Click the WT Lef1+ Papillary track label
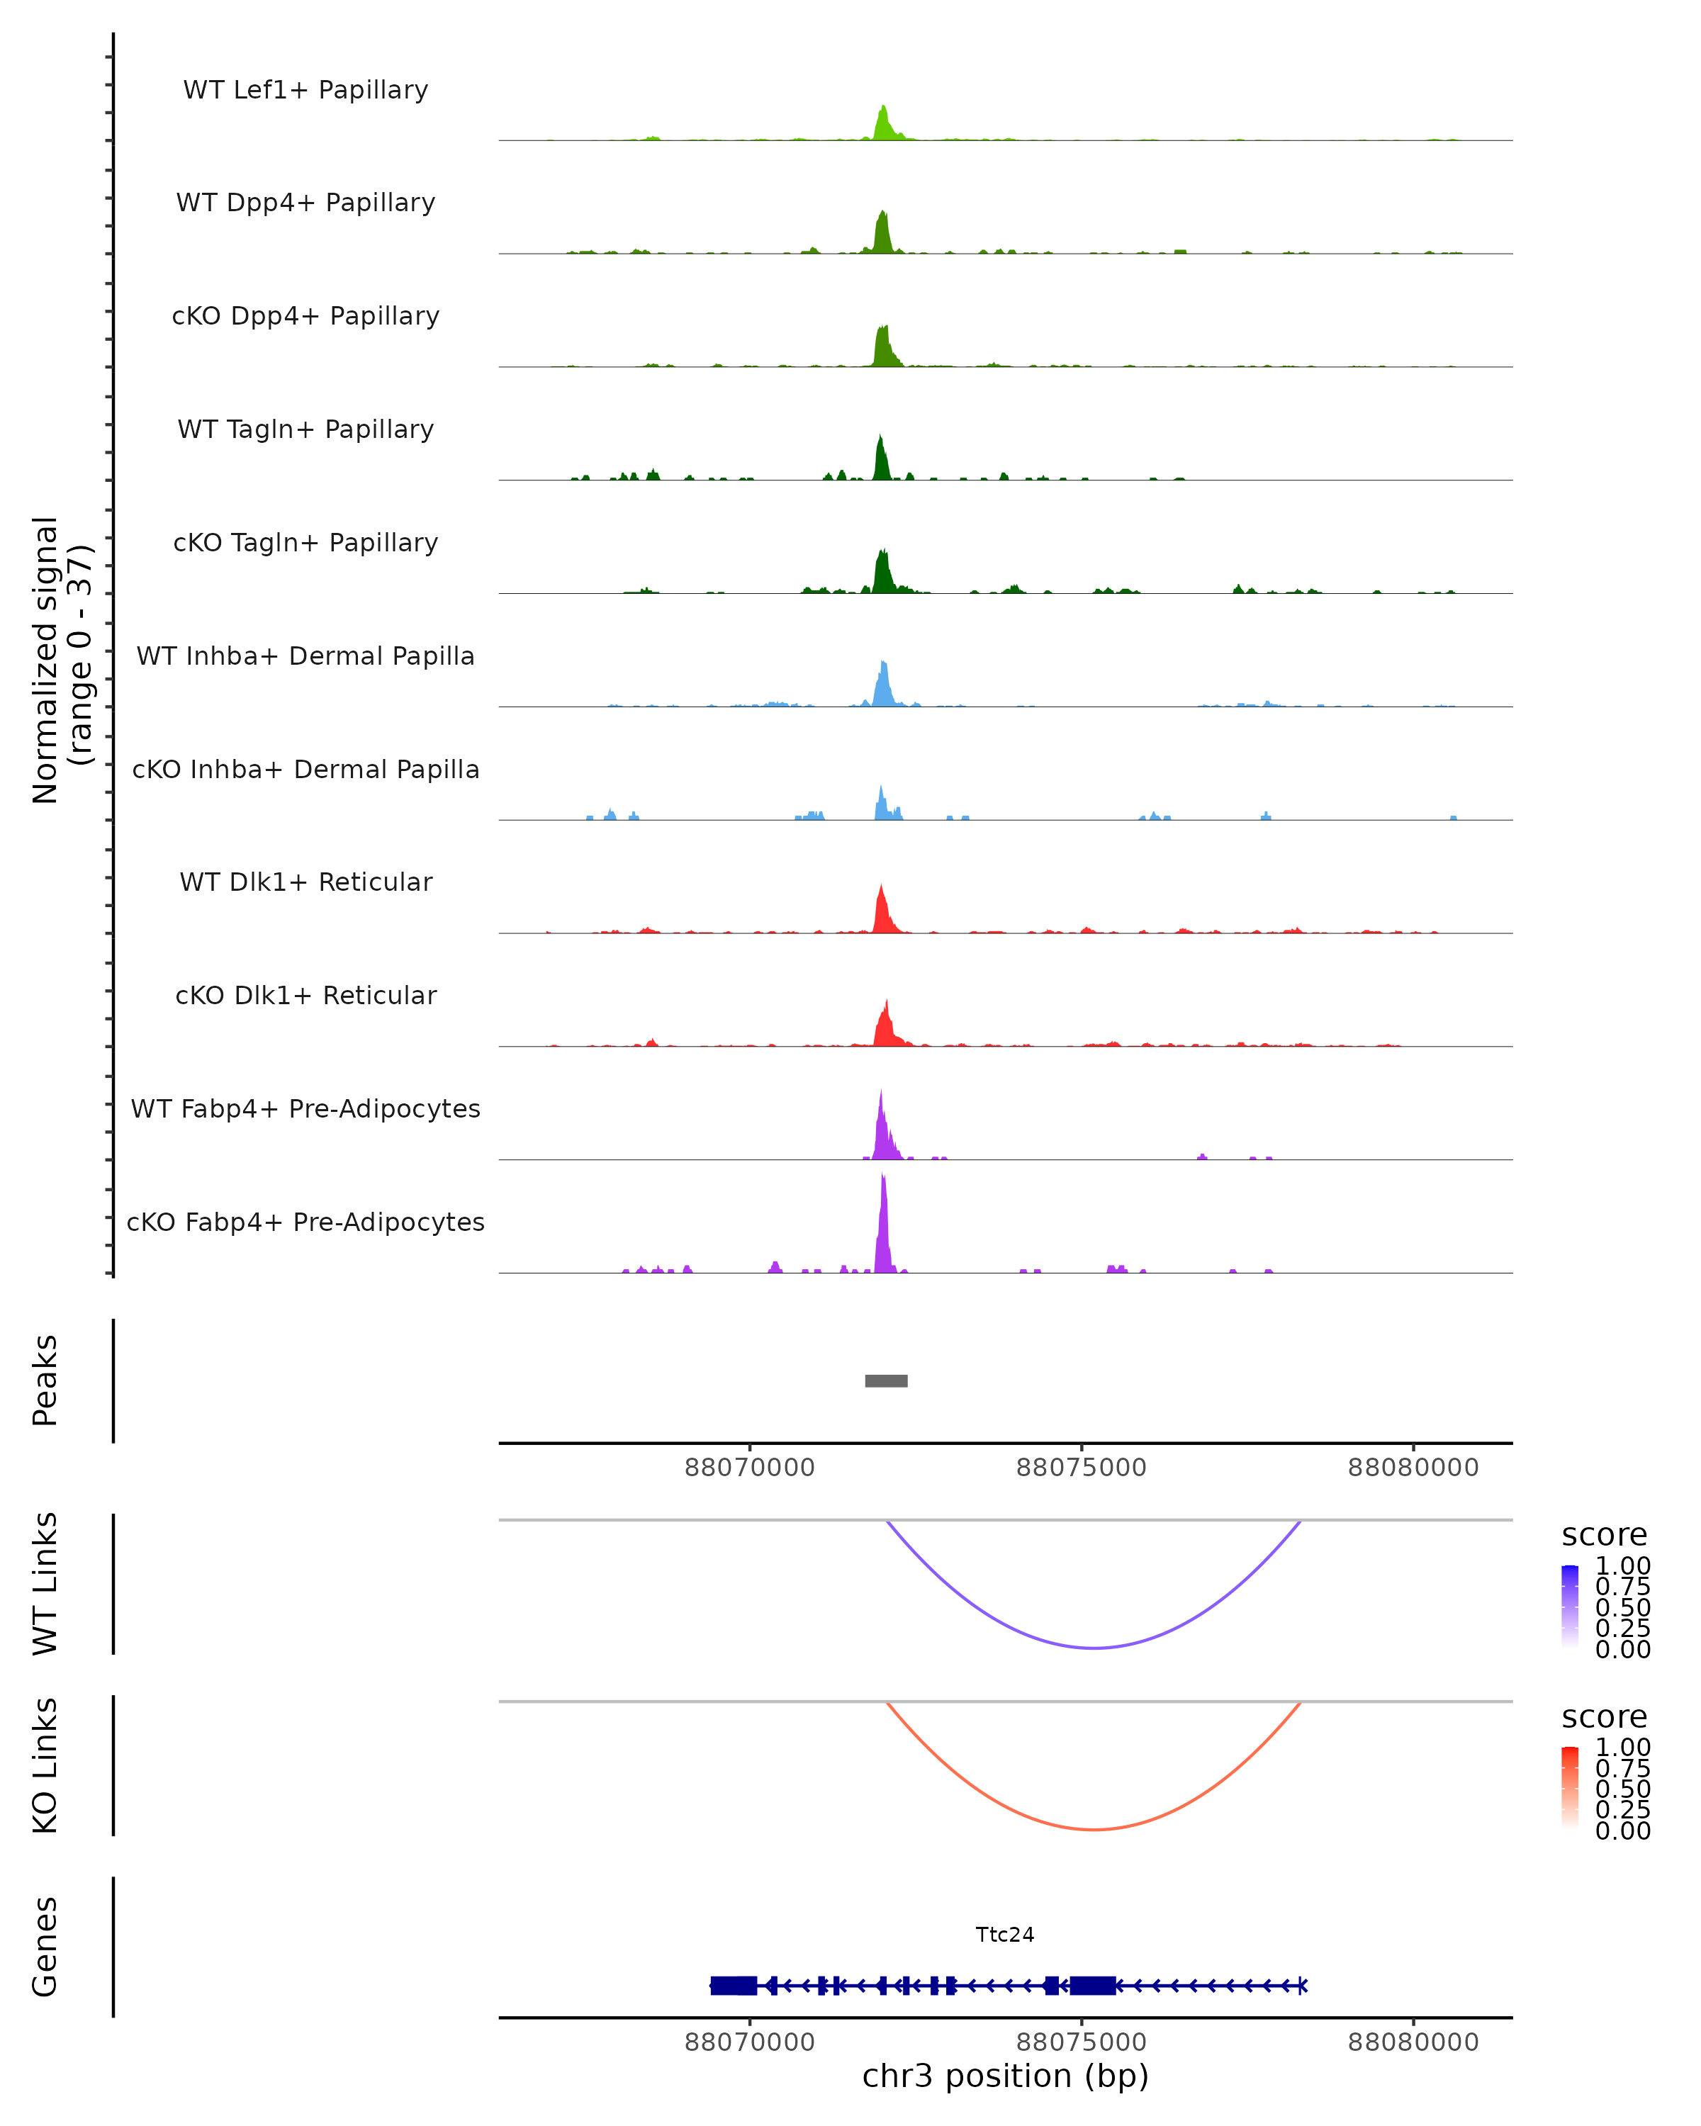pos(305,90)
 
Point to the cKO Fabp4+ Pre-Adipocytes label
pos(305,1222)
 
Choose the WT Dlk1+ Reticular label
pos(305,882)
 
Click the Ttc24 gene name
pos(1005,1934)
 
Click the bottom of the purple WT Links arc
pos(1094,1647)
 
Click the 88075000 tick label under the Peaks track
pos(1081,1468)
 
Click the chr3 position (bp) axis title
pos(1005,2076)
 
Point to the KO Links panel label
pos(45,1765)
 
